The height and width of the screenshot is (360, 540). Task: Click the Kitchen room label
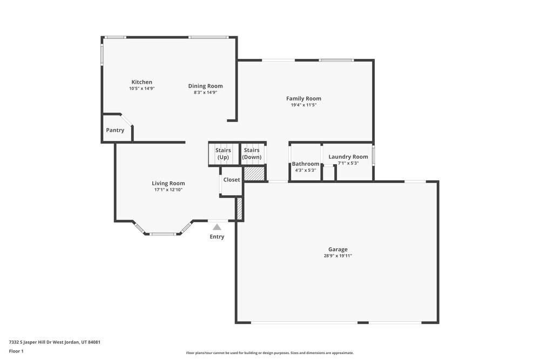click(141, 82)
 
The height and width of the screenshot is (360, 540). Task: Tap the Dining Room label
click(205, 86)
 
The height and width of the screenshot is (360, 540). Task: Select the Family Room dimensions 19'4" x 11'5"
click(303, 105)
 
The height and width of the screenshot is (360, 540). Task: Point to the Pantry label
click(115, 130)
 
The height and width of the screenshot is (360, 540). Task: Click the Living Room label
click(168, 184)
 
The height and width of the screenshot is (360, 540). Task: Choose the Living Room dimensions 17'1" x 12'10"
click(168, 190)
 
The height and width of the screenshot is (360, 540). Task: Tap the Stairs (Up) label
click(223, 153)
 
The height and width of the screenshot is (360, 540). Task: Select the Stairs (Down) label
click(252, 153)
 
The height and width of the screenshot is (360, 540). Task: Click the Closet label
click(232, 180)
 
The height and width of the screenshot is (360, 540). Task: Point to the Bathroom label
click(306, 164)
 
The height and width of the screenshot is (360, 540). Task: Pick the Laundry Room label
click(348, 157)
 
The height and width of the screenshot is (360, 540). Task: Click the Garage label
click(338, 249)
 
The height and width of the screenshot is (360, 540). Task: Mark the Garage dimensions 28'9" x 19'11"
click(338, 256)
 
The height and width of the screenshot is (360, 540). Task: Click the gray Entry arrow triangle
click(217, 227)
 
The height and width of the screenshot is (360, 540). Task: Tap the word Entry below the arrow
click(217, 237)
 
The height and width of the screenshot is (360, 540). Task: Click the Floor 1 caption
click(16, 351)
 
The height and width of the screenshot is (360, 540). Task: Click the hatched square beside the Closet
click(254, 174)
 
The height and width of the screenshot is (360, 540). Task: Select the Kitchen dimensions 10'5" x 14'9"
click(141, 89)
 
